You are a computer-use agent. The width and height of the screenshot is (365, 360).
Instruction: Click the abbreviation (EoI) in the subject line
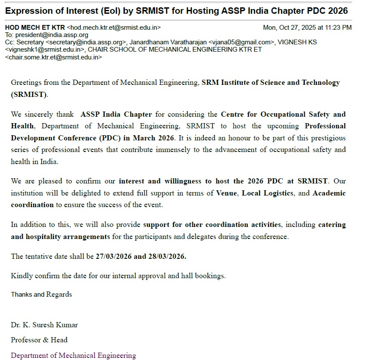click(x=94, y=10)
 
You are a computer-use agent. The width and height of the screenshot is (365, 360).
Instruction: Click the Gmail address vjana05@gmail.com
click(x=241, y=42)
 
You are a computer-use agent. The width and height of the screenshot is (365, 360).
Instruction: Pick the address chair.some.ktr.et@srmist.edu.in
click(x=53, y=57)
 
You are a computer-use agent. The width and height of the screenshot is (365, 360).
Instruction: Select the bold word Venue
click(x=226, y=193)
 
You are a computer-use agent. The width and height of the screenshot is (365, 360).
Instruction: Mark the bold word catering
click(x=332, y=225)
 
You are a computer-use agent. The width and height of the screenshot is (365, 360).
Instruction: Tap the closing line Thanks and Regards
click(x=41, y=295)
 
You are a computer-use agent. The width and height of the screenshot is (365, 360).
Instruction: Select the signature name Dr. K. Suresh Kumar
click(x=44, y=325)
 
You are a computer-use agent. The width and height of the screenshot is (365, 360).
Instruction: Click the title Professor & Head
click(x=39, y=340)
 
